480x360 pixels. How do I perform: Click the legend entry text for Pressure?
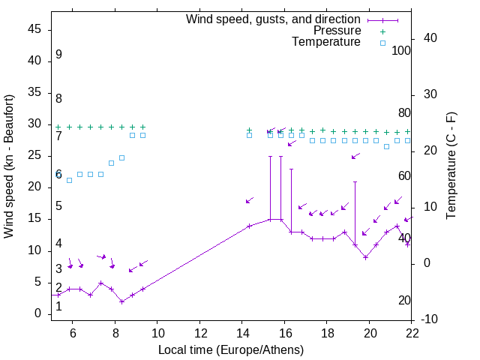point(336,31)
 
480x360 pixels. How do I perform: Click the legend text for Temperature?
point(326,43)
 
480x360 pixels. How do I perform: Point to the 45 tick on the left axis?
point(34,29)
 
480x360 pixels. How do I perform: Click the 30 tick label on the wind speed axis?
point(34,124)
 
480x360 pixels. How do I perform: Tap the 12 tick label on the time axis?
point(200,332)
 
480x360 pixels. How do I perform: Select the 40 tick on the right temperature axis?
point(430,38)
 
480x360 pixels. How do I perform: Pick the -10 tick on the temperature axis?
point(430,320)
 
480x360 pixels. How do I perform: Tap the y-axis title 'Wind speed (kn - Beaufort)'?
point(9,166)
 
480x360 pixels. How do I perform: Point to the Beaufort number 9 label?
point(58,55)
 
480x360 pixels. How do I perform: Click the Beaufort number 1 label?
point(58,306)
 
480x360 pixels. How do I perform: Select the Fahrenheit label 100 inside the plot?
point(401,50)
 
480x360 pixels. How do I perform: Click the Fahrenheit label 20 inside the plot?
point(404,301)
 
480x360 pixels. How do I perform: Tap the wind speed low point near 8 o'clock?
point(121,301)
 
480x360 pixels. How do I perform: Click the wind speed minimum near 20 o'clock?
point(365,257)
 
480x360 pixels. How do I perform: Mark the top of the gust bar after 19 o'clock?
point(355,182)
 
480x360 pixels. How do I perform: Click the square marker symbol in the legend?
point(382,43)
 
